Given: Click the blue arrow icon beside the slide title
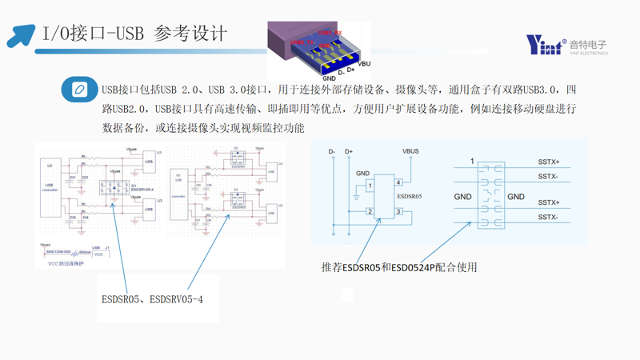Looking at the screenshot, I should pos(21,34).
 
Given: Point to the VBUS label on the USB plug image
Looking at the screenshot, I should pos(365,63).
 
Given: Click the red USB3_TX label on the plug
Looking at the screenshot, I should pos(302,42).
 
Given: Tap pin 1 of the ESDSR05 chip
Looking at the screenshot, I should pos(370,186).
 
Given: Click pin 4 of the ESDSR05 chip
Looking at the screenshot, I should pos(398,182).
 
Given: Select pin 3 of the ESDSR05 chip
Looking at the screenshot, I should pos(398,212).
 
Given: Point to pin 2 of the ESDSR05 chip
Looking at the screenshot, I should pos(370,212).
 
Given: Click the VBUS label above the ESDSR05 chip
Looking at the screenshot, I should pos(410,151).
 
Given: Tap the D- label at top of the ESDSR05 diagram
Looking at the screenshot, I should pos(332,151).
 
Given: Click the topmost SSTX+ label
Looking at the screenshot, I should pos(549,162).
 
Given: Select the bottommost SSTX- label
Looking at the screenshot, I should pos(549,218).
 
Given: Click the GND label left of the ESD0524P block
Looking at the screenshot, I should pos(462,197).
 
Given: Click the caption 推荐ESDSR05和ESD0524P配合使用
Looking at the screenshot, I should pos(399,267).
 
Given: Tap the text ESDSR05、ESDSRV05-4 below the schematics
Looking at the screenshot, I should pos(152,300).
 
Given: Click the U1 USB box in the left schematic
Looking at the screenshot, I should pos(149,162).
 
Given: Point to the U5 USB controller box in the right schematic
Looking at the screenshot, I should pos(178,189).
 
